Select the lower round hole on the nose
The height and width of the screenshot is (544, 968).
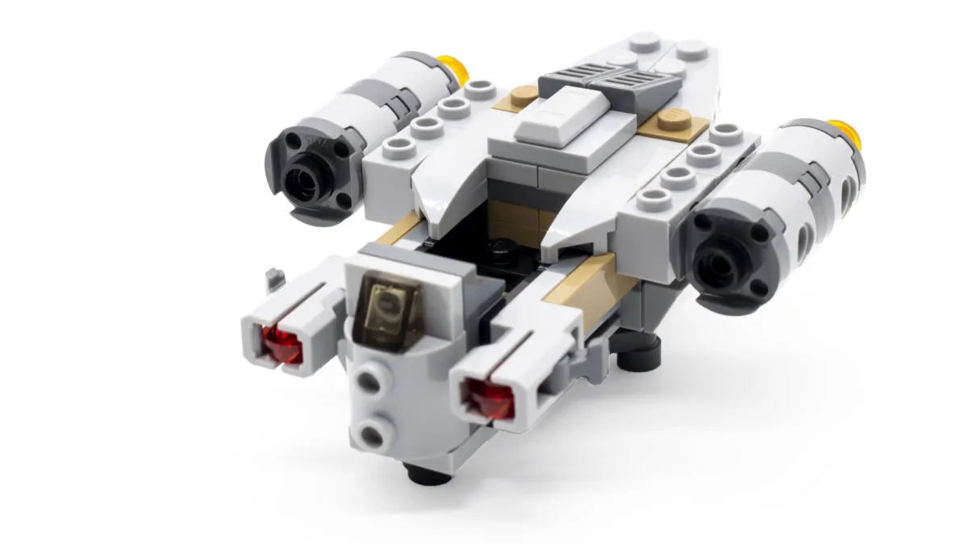pyautogui.click(x=372, y=436)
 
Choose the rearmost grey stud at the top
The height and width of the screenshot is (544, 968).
pyautogui.click(x=645, y=41)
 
